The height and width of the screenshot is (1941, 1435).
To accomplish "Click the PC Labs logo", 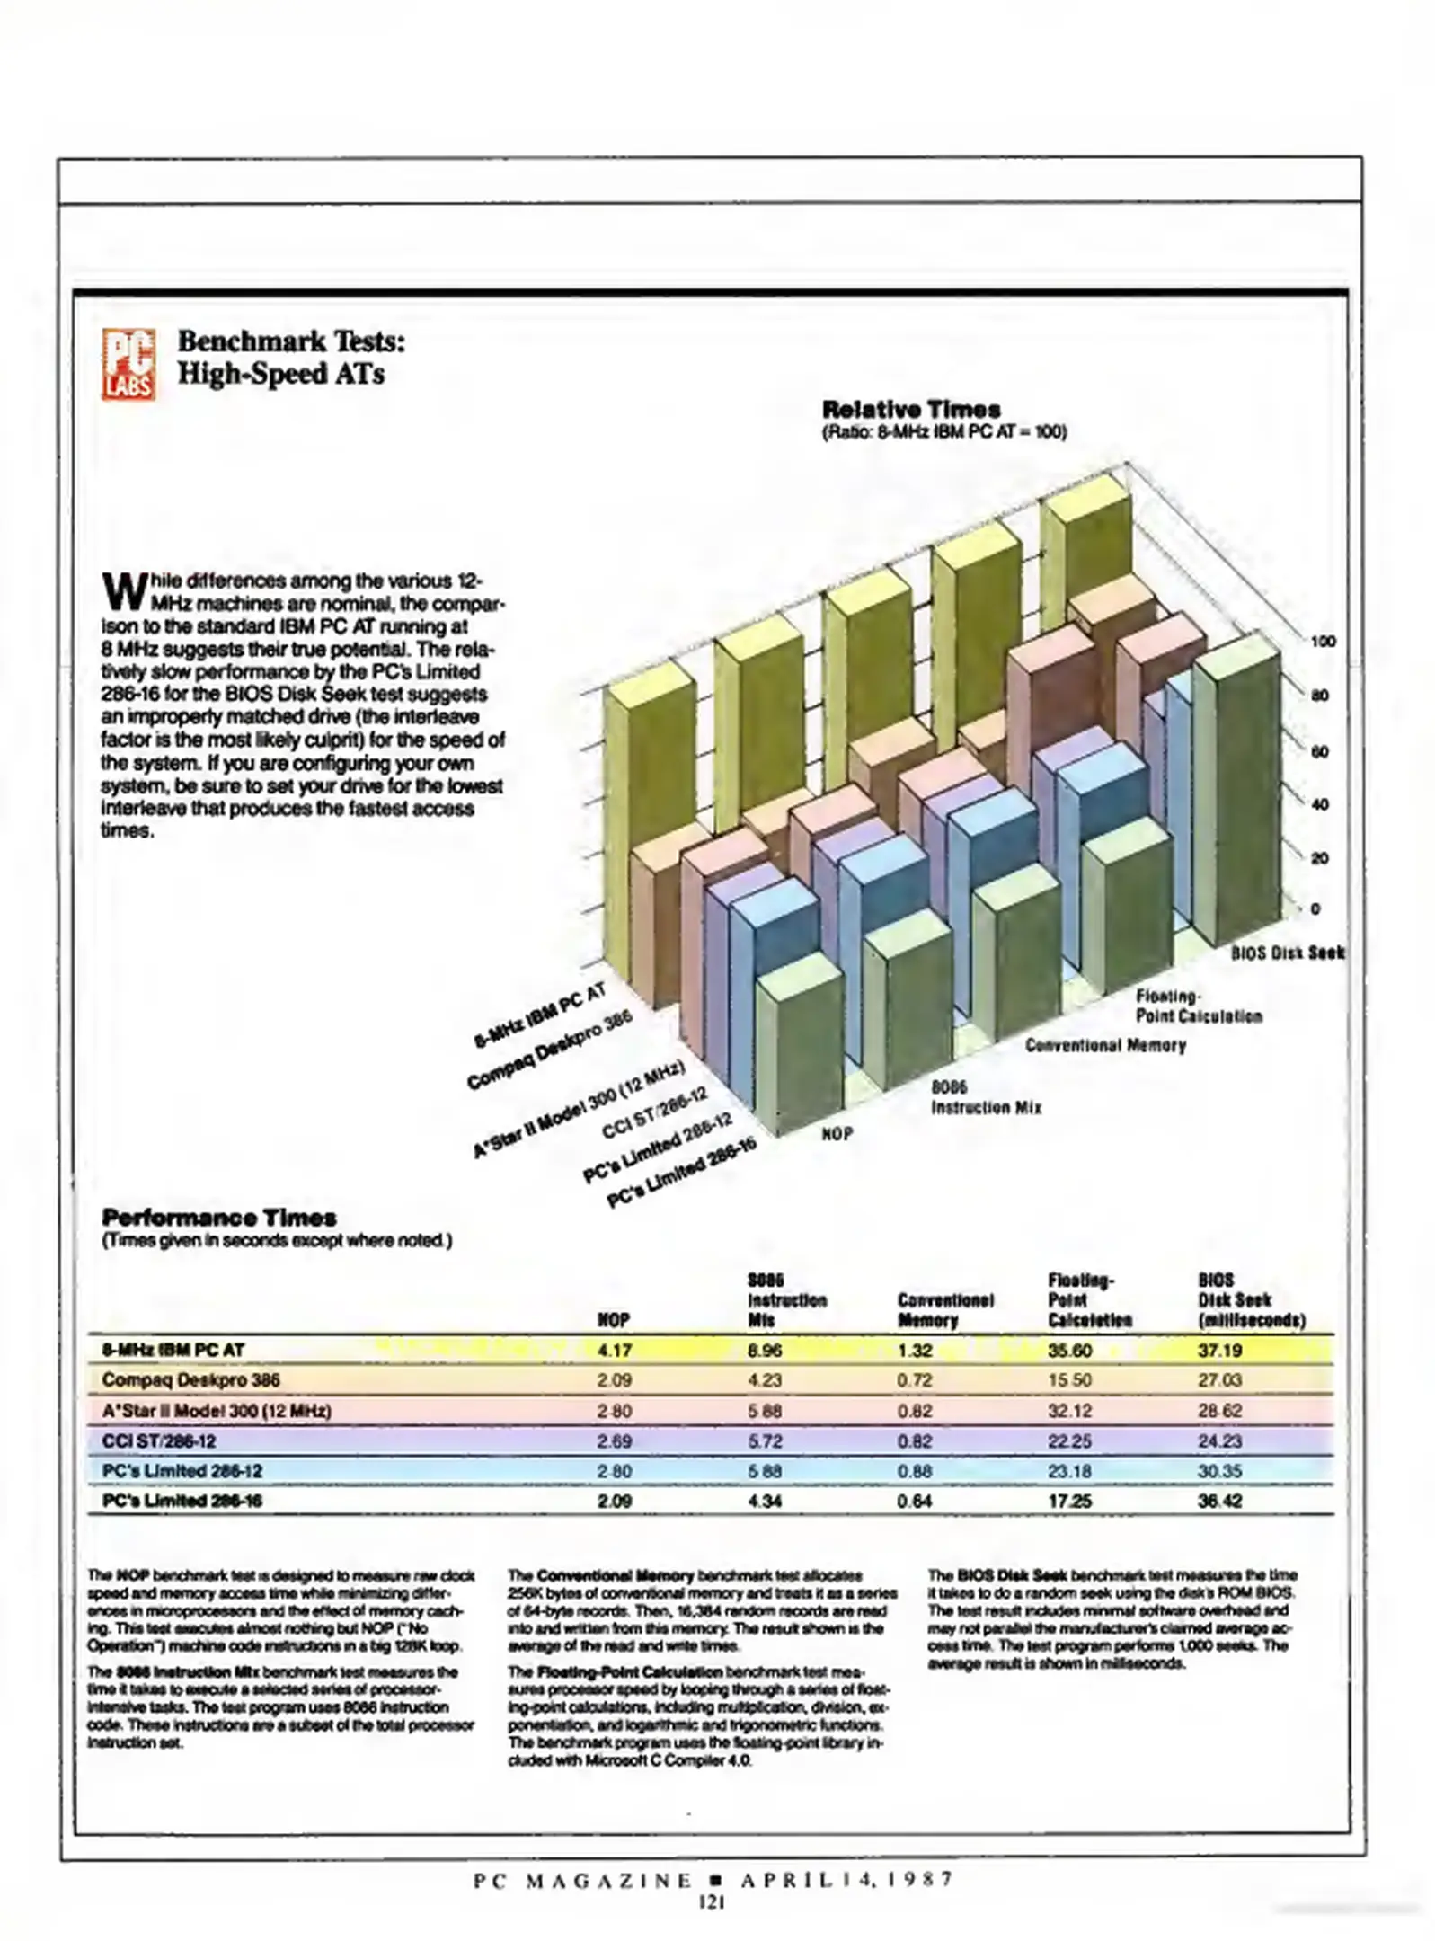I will [128, 364].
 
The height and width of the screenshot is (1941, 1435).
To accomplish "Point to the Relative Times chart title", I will [911, 410].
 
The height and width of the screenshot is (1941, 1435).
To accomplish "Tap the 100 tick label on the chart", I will [1323, 642].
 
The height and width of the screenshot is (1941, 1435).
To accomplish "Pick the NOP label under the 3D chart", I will [837, 1134].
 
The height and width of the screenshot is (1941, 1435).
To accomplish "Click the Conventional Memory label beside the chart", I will [1105, 1045].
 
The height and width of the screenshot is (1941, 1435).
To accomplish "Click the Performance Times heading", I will [219, 1218].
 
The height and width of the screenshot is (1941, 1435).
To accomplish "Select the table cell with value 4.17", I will [615, 1350].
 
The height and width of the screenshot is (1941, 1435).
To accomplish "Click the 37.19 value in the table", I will [1219, 1350].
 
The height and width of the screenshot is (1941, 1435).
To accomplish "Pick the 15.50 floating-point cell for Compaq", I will [1069, 1380].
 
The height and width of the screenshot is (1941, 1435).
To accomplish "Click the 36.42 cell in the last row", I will [1219, 1501].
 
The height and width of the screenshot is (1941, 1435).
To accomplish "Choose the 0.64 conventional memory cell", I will [915, 1501].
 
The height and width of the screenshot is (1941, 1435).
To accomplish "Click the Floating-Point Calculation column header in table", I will [1089, 1300].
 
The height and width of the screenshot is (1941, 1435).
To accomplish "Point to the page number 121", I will [712, 1901].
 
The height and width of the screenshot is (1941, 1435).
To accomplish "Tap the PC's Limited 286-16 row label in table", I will [182, 1501].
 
